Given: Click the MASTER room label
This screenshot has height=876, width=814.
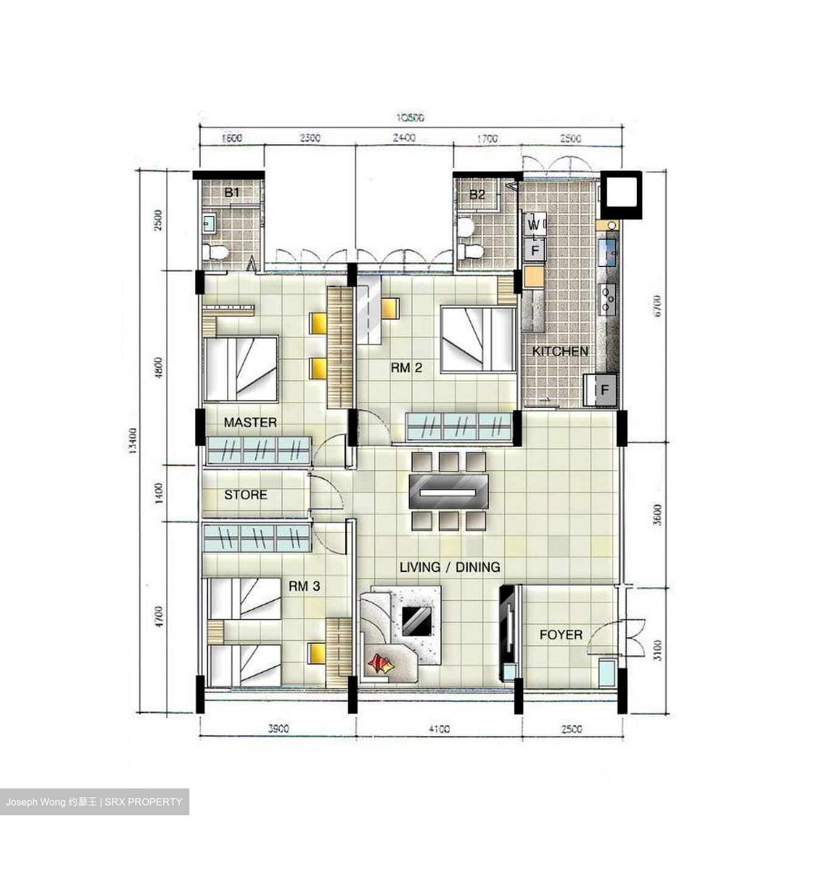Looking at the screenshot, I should (x=250, y=422).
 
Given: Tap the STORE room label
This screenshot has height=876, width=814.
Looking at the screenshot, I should (x=245, y=495).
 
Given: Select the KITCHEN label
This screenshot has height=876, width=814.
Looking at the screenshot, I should (x=560, y=351).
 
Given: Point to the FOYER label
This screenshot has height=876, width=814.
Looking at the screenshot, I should (x=561, y=634).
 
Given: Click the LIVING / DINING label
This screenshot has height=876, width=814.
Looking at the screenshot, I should (x=450, y=567).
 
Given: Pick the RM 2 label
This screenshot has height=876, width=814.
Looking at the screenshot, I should (x=406, y=367).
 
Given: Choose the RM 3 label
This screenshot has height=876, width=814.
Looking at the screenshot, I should (x=304, y=586).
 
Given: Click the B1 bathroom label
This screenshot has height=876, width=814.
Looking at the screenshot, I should (x=231, y=193).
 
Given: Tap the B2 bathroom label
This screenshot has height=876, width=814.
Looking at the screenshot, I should (x=477, y=195).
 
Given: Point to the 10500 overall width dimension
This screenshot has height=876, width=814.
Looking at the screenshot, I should (x=410, y=117).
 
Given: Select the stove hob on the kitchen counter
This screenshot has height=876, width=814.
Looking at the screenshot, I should (x=607, y=299).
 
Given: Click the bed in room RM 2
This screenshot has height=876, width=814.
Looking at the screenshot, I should (x=479, y=339).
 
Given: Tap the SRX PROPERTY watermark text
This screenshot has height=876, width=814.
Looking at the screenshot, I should (x=144, y=802).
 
